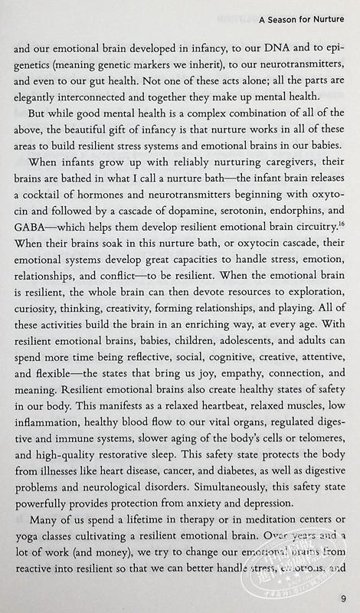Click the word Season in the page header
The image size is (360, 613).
tap(276, 21)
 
